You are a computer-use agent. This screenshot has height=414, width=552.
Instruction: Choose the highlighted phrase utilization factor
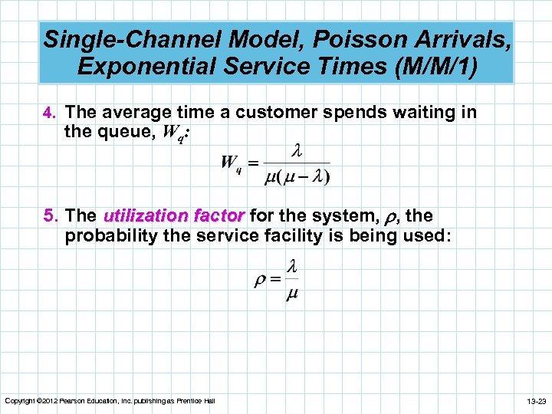point(173,216)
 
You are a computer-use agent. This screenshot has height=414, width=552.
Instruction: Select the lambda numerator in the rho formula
point(291,267)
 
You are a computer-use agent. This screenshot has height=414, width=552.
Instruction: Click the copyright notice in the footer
point(110,401)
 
